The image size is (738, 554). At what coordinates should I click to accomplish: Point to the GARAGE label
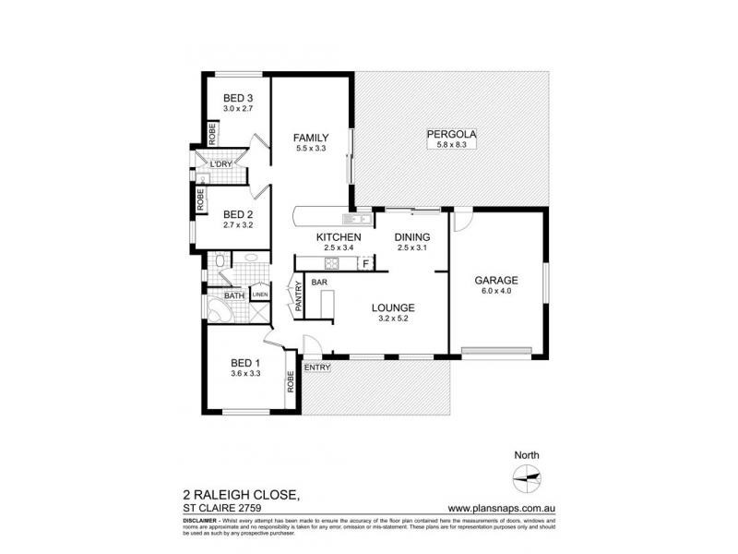tap(496, 281)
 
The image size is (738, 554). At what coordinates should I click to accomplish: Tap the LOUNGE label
tap(393, 307)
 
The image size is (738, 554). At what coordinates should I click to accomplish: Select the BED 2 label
tap(237, 213)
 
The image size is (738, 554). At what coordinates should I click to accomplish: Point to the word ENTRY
tap(317, 367)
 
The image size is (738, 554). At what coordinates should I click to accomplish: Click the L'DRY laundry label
tap(220, 164)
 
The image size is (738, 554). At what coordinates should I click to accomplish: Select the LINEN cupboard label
tap(260, 295)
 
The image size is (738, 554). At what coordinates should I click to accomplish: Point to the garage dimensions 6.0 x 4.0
tap(496, 292)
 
